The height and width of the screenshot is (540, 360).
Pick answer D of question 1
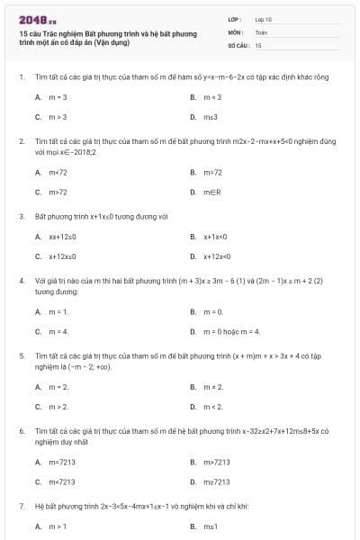(211, 117)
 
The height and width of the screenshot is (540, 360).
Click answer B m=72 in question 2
(212, 172)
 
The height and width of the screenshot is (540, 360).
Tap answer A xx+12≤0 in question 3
(62, 237)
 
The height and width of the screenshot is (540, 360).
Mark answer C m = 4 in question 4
(58, 331)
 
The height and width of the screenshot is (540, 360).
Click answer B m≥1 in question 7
(211, 525)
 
